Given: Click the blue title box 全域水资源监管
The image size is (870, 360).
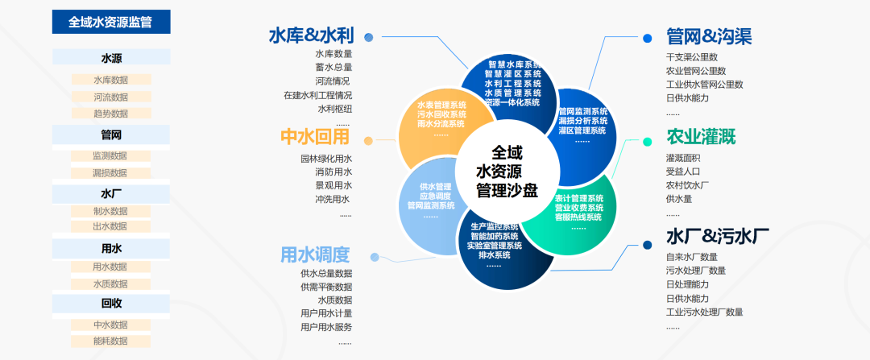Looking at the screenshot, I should coord(111,22).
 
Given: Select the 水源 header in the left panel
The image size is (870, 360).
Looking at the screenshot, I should coord(111,58).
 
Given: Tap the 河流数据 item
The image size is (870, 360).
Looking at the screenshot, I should coord(110,97).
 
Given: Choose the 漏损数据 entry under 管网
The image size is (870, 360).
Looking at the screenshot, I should coord(110,172).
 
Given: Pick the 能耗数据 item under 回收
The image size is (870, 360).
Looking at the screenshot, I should coord(110,341).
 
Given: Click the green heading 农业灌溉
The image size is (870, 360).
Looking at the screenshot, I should coord(701,137).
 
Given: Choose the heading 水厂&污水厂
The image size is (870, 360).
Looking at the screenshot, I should coord(717,237).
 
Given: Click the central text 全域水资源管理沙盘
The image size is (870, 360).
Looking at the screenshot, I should coord(507,171).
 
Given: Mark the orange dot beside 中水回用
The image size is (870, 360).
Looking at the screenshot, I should coord(368,140).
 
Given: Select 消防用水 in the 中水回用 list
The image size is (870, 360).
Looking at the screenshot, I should coord(333,172).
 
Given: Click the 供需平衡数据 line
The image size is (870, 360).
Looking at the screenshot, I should coord(326,286).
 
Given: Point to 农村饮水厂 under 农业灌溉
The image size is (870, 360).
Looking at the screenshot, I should coord(687,184).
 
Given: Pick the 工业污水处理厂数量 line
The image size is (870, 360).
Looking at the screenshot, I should coord(704,312).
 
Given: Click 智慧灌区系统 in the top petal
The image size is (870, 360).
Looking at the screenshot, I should coord(512,73).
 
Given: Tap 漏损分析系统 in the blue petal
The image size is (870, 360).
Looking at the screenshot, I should coord(582,121).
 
